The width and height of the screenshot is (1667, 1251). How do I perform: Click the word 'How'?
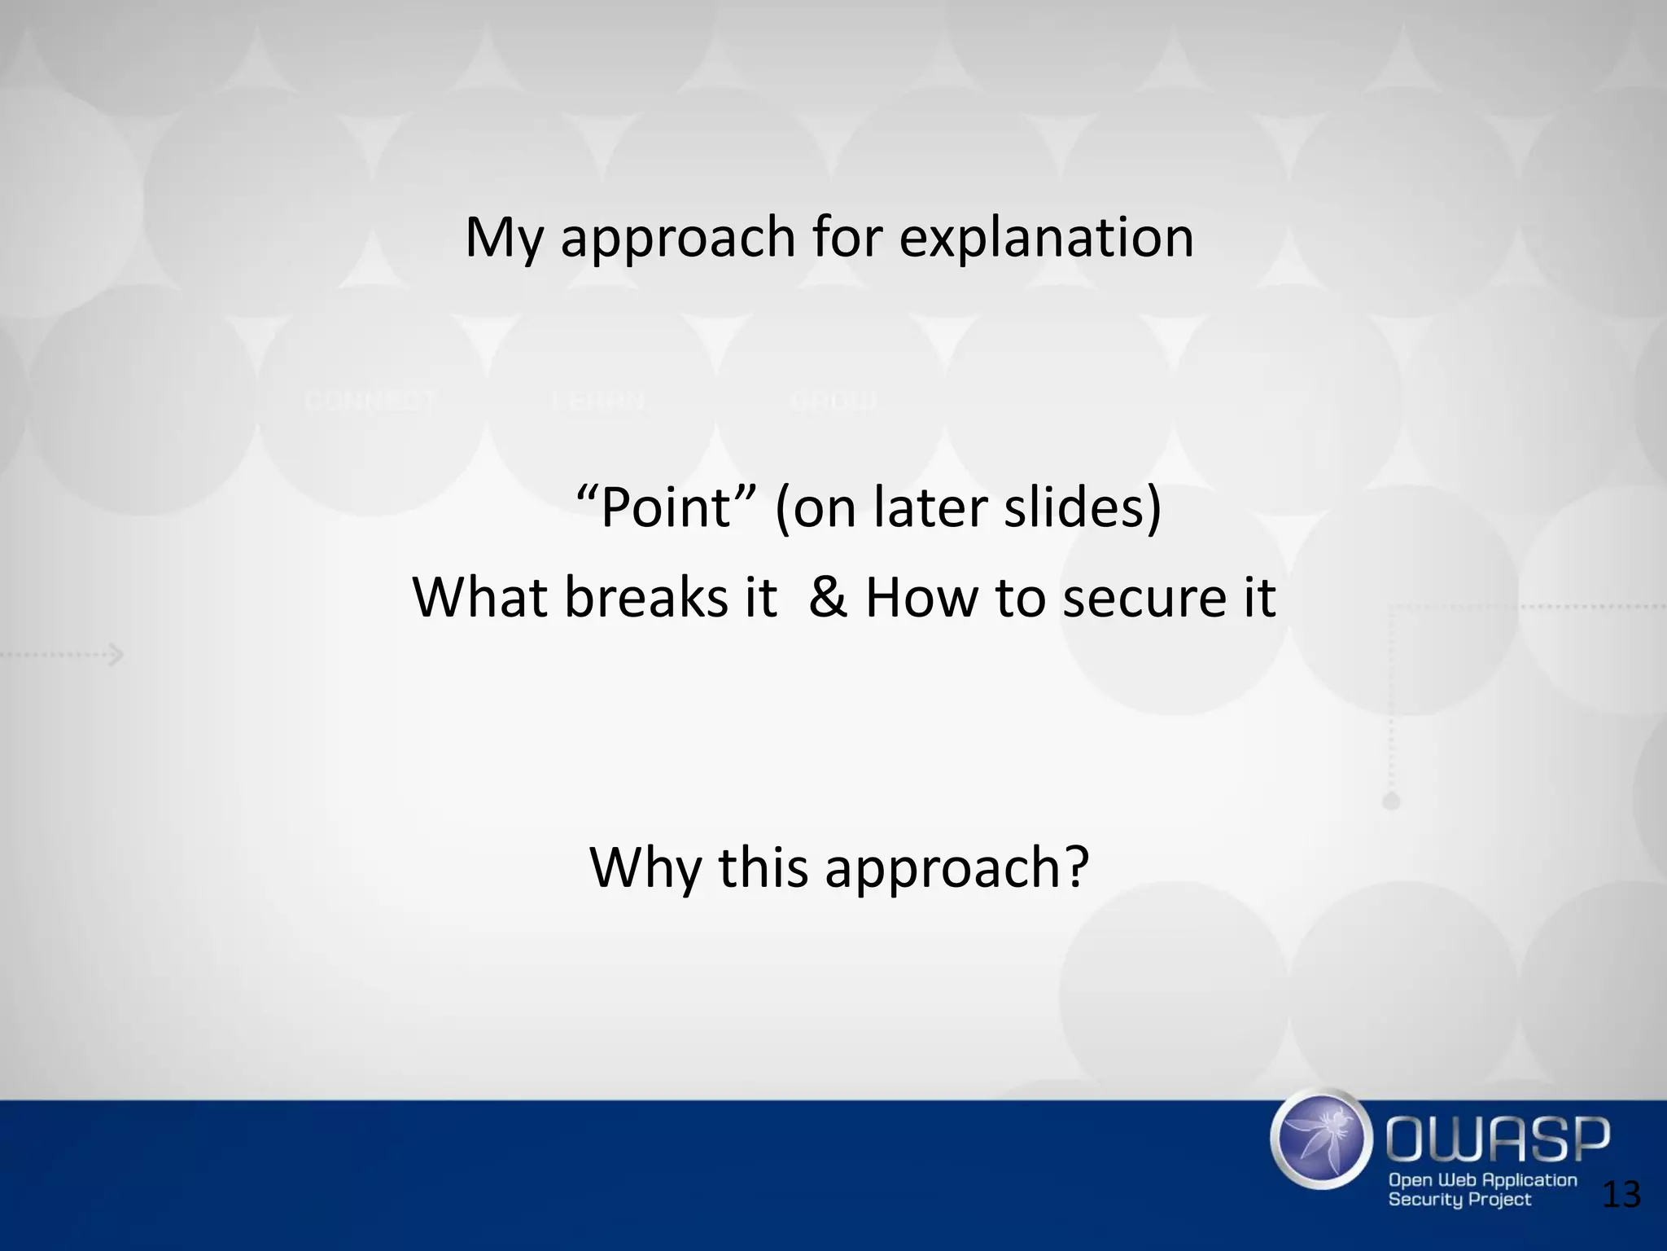point(921,597)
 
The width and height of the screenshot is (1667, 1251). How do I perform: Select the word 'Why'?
point(645,867)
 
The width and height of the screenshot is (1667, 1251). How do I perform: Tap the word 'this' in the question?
point(763,867)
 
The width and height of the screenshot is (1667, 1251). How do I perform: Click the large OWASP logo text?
point(1498,1139)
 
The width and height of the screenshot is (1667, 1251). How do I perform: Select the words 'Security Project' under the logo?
point(1459,1200)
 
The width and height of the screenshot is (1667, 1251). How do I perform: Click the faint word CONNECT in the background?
point(371,402)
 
